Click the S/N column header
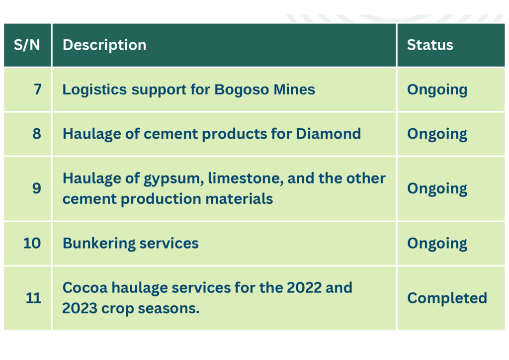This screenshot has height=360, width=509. [27, 45]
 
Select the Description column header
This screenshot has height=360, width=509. [104, 45]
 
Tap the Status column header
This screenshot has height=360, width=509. [430, 45]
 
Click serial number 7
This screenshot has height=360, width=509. [38, 90]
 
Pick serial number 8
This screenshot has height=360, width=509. [37, 134]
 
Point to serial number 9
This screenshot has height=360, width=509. [37, 188]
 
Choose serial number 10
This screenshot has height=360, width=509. [32, 243]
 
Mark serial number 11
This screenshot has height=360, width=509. [33, 298]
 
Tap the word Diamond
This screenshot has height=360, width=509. [328, 134]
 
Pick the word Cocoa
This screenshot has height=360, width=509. [85, 288]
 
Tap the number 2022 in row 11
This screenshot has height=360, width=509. [304, 287]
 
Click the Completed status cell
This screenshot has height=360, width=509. [447, 298]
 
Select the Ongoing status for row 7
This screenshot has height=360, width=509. [437, 90]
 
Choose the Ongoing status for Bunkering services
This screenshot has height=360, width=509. [437, 244]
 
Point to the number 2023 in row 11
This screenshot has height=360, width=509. [80, 308]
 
